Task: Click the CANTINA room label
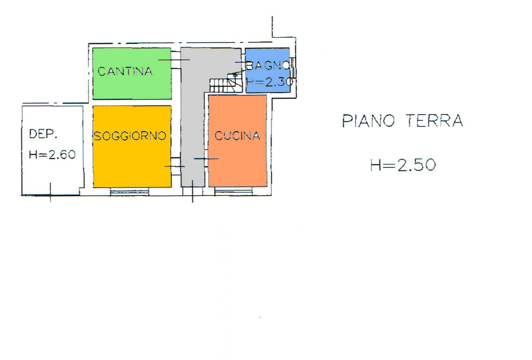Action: pyautogui.click(x=125, y=71)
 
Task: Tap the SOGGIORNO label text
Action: pyautogui.click(x=130, y=136)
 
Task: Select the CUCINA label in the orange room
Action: pyautogui.click(x=237, y=136)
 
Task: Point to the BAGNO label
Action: pyautogui.click(x=268, y=65)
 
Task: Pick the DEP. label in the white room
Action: pyautogui.click(x=43, y=134)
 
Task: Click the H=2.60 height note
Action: pyautogui.click(x=52, y=154)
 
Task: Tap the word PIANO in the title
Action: pyautogui.click(x=369, y=121)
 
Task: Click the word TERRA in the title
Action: pyautogui.click(x=435, y=120)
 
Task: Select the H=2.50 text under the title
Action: pyautogui.click(x=403, y=165)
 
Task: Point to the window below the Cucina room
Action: pyautogui.click(x=233, y=191)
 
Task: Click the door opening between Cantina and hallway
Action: pyautogui.click(x=176, y=60)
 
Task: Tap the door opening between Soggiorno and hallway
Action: pyautogui.click(x=176, y=166)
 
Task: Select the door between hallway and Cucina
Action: pyautogui.click(x=206, y=159)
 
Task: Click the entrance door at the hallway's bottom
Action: pyautogui.click(x=192, y=191)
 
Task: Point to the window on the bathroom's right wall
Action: pyautogui.click(x=293, y=68)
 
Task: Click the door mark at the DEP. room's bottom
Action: pyautogui.click(x=50, y=193)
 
